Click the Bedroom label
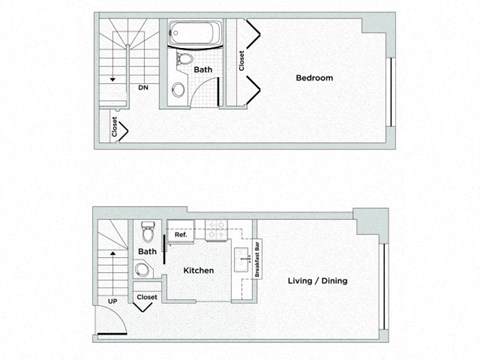[315, 78]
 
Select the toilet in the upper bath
[183, 60]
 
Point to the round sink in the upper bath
[178, 89]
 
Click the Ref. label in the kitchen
[181, 235]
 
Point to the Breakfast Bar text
[257, 258]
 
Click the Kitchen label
[199, 271]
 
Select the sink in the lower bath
[143, 269]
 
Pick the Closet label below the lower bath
[147, 297]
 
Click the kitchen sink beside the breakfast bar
[242, 261]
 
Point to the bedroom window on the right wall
[390, 91]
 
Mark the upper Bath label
[203, 70]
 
